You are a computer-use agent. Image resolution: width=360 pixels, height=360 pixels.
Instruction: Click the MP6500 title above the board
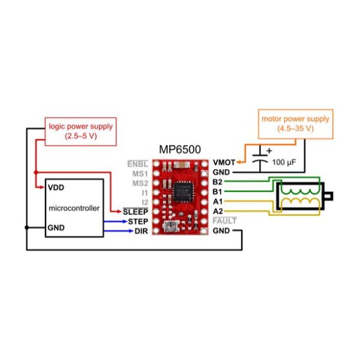click(x=180, y=150)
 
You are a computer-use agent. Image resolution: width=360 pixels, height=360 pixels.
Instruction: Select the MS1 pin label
click(x=139, y=174)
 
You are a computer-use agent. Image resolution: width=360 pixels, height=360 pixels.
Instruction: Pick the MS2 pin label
click(x=139, y=183)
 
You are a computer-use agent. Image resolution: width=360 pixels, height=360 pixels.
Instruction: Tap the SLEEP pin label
click(x=135, y=212)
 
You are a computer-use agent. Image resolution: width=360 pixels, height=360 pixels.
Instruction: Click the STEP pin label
click(x=138, y=221)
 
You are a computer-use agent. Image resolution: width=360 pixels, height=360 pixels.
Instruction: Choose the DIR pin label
click(x=141, y=231)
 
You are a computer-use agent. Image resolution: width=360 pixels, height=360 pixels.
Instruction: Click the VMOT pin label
click(x=223, y=163)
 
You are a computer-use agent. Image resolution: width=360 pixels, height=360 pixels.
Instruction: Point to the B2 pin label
click(x=217, y=182)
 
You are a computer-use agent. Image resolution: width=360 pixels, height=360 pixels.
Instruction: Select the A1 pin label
click(x=217, y=201)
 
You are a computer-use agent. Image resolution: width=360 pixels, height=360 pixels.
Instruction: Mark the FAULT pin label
click(x=224, y=221)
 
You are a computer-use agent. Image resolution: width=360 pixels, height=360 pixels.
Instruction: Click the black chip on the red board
click(x=182, y=191)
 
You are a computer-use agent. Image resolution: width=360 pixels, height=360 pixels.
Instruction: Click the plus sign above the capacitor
click(x=269, y=150)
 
